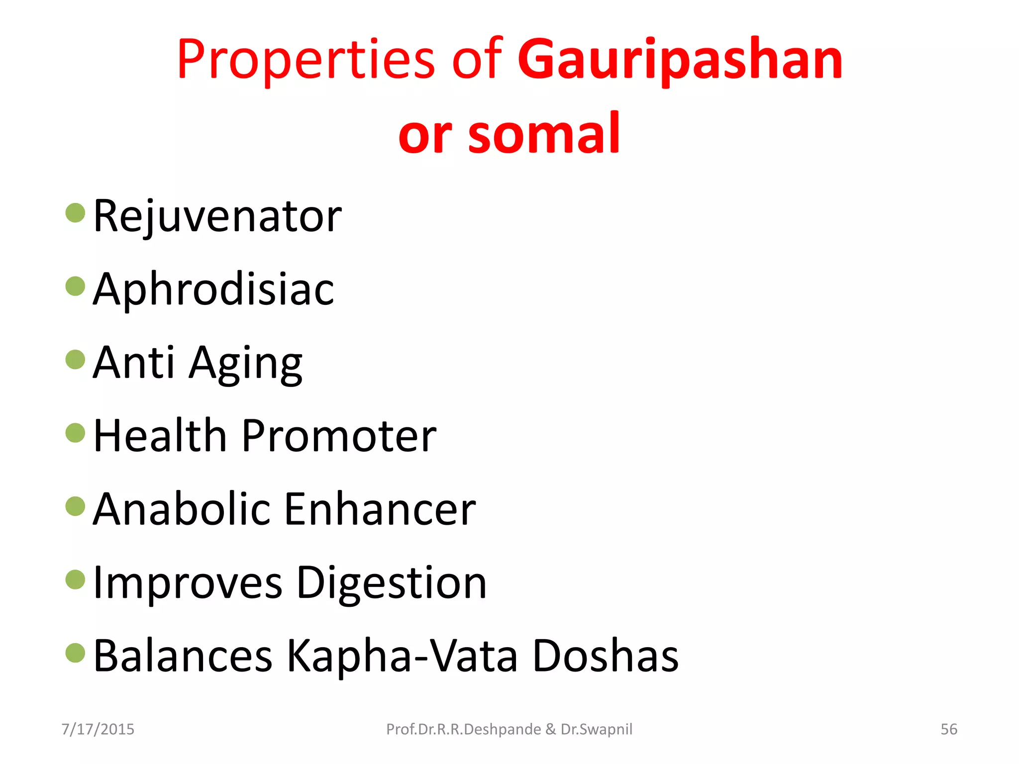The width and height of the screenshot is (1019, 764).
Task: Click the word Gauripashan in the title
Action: [x=680, y=61]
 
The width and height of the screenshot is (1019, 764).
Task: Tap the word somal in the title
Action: [x=544, y=133]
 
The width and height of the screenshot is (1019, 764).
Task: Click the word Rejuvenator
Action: [x=217, y=216]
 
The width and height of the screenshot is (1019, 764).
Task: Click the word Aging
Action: [x=246, y=363]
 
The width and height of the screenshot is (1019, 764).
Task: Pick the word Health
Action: [x=160, y=436]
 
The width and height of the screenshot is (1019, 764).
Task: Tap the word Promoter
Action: [x=339, y=436]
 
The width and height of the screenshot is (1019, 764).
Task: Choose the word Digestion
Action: [x=392, y=583]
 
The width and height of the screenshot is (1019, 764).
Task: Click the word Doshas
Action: [x=606, y=656]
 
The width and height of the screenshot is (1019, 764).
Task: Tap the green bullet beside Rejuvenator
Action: [x=76, y=213]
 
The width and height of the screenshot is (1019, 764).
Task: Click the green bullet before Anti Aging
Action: [x=76, y=360]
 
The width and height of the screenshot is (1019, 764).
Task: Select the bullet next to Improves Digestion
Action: [x=76, y=579]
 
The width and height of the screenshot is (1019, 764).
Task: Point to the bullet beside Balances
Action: [x=76, y=653]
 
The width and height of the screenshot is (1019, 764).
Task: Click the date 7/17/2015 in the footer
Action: [x=98, y=729]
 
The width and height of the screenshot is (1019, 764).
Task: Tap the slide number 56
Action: [x=949, y=729]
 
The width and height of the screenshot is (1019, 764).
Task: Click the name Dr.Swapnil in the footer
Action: [x=597, y=729]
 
